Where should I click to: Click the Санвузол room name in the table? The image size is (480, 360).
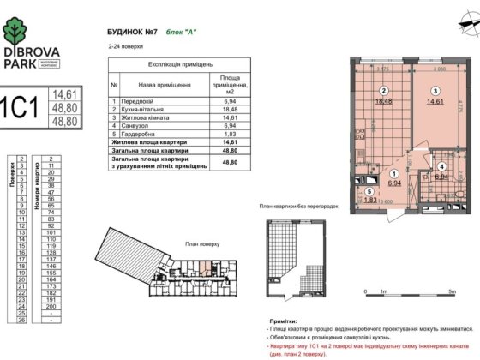[136, 126]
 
